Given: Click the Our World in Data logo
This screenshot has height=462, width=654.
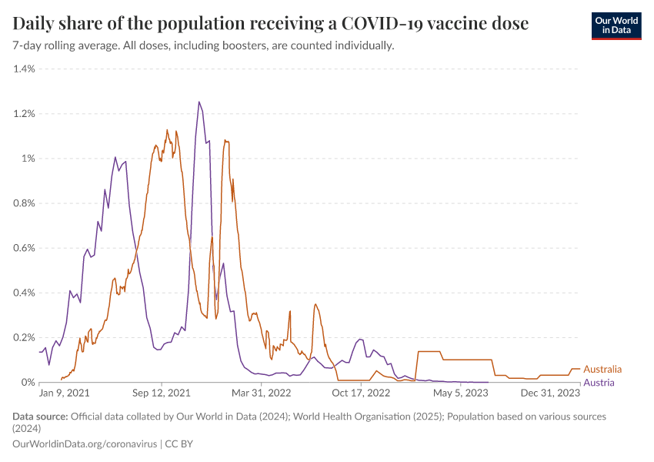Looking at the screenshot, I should coord(616,25).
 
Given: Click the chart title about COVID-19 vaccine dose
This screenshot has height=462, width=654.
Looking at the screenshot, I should coord(271,24).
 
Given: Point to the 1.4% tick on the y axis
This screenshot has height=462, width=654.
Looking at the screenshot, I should coord(24,69).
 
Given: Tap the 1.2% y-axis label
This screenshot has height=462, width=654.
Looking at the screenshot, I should coord(24,114).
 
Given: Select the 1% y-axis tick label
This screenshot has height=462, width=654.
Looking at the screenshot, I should coord(28,159).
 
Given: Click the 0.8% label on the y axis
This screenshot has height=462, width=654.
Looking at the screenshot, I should coord(24,203).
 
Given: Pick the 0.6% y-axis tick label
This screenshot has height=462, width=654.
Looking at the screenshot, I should coord(24,248).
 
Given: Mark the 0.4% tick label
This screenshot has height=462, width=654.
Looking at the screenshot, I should coord(24,293).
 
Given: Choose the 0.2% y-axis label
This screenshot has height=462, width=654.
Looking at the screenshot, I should coord(24,337).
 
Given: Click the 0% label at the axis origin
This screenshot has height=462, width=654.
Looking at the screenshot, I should coord(28,382).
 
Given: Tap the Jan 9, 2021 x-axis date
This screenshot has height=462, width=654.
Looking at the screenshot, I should coord(64,393).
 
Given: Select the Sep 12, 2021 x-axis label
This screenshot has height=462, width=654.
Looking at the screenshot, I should coord(162,393).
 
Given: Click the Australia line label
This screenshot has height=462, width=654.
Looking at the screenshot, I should coord(602,370).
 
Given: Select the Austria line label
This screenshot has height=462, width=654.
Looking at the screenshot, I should coord(599,383).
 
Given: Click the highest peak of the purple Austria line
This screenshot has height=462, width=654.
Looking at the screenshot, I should coord(199,102).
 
